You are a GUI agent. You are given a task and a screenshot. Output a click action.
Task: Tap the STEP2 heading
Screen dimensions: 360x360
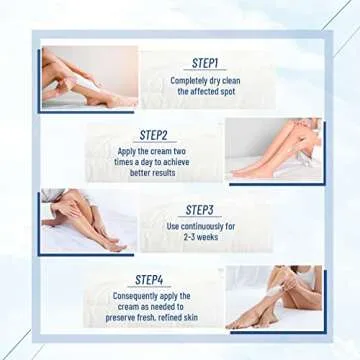click(153, 135)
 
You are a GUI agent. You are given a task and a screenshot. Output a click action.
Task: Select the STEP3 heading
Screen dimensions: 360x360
click(200, 210)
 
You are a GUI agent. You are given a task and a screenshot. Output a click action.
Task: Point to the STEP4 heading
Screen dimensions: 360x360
click(149, 279)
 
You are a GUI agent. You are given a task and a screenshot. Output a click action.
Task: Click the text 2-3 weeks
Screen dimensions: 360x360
click(201, 238)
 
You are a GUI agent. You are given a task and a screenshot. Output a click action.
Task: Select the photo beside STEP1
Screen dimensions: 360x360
click(90, 77)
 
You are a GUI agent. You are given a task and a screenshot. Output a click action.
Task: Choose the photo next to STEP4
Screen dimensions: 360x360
click(271, 297)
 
